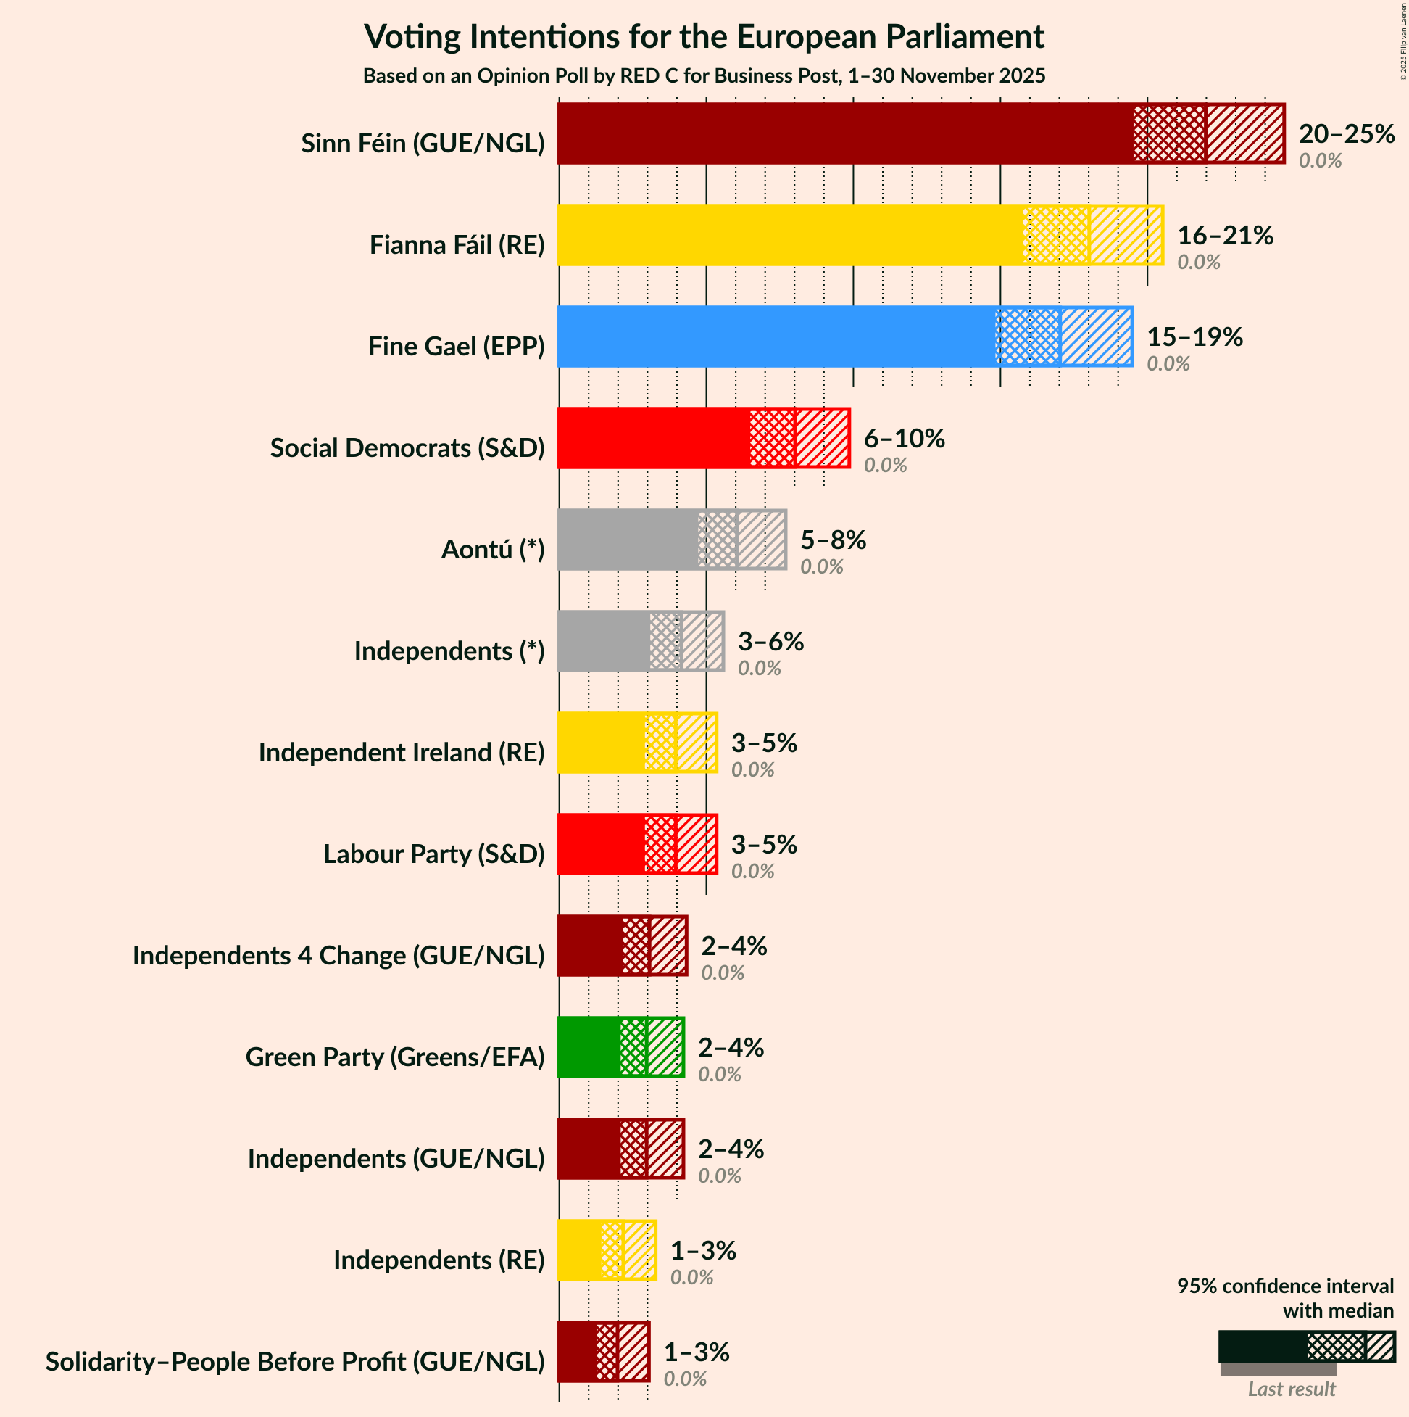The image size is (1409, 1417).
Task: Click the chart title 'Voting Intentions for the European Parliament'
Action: [704, 37]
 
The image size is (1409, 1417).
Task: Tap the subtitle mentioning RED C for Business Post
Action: [704, 76]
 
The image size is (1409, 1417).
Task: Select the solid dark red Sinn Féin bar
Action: [843, 133]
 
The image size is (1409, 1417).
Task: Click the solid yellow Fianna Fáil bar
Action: [788, 235]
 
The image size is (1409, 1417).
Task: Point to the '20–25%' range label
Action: [1346, 133]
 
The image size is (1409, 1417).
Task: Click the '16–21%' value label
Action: [1225, 235]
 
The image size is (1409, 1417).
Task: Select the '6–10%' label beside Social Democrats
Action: [904, 438]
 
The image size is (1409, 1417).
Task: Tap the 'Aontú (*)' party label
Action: [493, 549]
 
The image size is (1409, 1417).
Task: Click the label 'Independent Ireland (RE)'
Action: [401, 752]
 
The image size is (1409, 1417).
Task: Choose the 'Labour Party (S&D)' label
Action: [434, 854]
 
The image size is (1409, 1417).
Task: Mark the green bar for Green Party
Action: [589, 1047]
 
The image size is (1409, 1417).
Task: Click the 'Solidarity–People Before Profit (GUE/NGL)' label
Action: [295, 1361]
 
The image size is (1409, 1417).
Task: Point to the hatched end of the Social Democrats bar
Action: [822, 438]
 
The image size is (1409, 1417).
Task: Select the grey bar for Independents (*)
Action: [602, 641]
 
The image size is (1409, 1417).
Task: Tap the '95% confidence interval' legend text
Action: [1284, 1286]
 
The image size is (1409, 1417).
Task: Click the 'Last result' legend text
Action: [1291, 1389]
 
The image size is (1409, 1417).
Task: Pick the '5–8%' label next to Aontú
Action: [833, 540]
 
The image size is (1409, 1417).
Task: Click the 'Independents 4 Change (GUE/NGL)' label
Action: [338, 955]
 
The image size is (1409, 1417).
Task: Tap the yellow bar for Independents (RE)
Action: [579, 1250]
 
